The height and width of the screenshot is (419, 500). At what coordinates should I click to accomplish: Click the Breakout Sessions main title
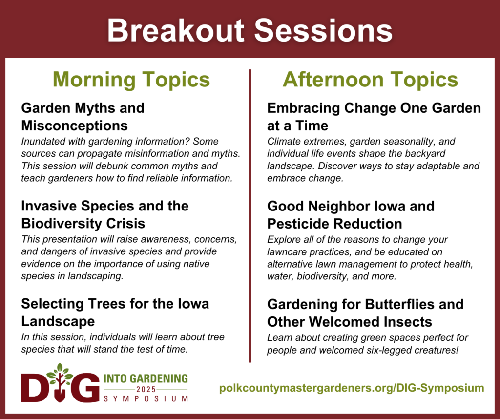tap(250, 31)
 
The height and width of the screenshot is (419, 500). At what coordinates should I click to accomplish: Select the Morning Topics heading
tap(131, 80)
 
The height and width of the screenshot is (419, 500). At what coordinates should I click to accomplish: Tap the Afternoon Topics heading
tap(370, 80)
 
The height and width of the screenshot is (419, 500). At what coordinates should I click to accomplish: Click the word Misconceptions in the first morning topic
tap(75, 126)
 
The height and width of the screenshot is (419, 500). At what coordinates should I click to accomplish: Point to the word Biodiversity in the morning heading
tap(62, 224)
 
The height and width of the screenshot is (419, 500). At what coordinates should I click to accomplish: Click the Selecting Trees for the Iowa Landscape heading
tap(115, 313)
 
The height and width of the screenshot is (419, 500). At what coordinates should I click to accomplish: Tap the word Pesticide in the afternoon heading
tap(298, 224)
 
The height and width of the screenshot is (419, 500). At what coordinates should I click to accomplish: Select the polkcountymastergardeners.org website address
tap(352, 388)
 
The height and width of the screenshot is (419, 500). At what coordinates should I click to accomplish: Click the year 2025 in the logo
tap(146, 389)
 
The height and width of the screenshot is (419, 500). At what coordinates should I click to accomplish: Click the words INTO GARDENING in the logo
tap(146, 378)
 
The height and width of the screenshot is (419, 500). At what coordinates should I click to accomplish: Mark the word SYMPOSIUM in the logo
tap(146, 399)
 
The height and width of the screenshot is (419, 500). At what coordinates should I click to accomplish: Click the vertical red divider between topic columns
tap(250, 215)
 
